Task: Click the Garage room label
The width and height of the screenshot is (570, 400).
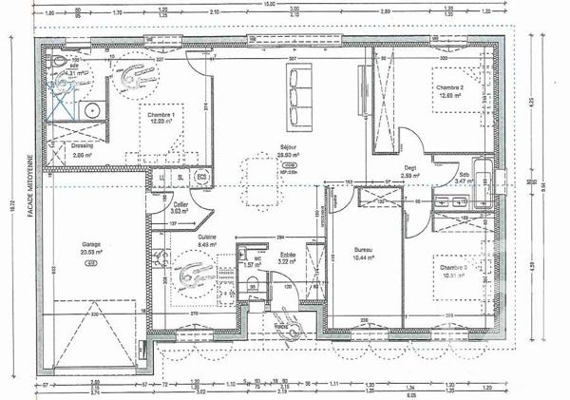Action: pos(91,243)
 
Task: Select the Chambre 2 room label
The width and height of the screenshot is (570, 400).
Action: pos(449,88)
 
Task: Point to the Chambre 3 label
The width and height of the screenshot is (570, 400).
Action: pos(452,268)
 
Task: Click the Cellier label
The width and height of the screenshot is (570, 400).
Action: pos(180,204)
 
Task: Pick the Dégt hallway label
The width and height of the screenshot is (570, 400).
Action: pos(410,168)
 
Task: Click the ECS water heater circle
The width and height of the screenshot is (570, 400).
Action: pos(201,177)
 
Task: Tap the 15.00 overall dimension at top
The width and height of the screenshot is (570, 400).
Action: pos(269,5)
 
